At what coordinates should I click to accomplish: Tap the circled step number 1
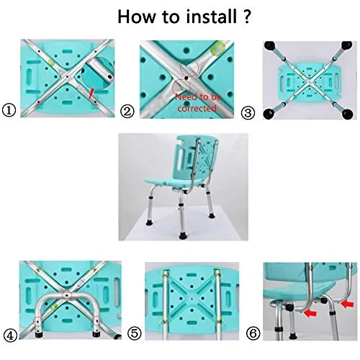9,110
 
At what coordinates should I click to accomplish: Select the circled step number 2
127,112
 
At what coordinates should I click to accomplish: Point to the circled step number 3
248,113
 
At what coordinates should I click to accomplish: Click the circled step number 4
11,336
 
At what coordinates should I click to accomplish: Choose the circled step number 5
134,333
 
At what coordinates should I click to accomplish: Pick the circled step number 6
253,333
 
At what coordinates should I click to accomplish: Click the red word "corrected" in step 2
197,108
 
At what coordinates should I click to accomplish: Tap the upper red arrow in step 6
347,305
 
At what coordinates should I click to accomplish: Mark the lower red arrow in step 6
310,313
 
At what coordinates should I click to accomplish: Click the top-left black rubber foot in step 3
270,45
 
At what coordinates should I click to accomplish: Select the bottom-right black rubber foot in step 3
347,114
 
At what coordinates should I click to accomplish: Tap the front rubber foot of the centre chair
183,236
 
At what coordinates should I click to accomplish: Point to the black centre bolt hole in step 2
186,78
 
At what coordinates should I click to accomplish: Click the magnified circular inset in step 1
97,73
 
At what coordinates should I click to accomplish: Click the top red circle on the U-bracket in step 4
67,295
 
